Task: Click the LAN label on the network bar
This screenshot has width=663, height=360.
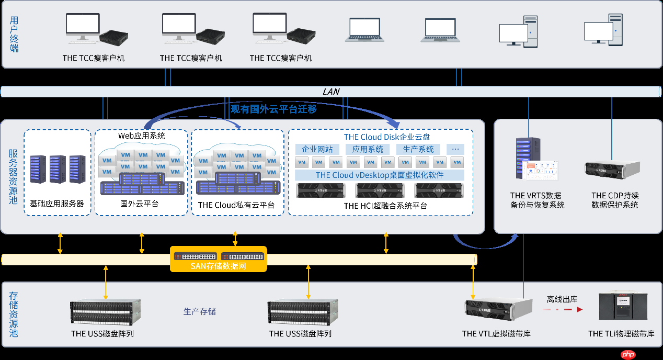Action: [x=331, y=92]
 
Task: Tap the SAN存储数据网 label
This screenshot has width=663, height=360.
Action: [x=219, y=266]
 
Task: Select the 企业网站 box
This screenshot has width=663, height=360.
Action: [x=317, y=149]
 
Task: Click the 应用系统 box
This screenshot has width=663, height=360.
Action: [x=368, y=149]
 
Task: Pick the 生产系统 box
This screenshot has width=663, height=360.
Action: [x=418, y=149]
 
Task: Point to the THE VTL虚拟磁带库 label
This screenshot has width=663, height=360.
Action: [x=496, y=333]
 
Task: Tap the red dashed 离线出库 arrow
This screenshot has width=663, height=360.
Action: [x=562, y=310]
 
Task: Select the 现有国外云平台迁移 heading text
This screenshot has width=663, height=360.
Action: [x=274, y=109]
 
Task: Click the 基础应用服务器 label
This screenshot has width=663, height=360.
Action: [x=57, y=204]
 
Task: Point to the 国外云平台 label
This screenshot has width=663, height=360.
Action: [x=139, y=204]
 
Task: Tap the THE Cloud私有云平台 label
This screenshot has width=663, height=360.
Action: [x=236, y=205]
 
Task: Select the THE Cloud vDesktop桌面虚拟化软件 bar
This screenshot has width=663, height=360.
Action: [x=380, y=175]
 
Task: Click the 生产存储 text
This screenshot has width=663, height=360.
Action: [x=199, y=311]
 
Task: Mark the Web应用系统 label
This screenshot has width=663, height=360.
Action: [x=141, y=136]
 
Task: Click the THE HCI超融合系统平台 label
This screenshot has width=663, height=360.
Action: [x=385, y=206]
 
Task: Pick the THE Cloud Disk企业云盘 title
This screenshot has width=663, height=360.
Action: [x=387, y=137]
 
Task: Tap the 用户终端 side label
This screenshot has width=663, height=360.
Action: [x=14, y=34]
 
